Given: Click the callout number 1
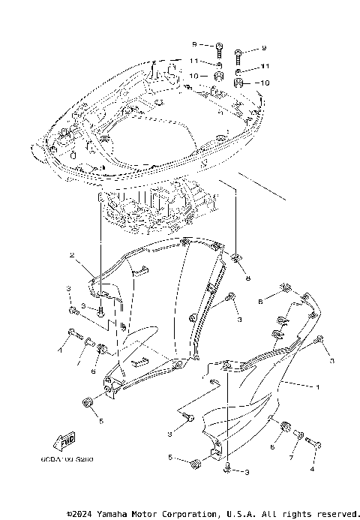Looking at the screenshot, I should pos(316,387).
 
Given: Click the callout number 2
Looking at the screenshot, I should pos(72,256).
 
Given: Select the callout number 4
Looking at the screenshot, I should pos(311,470).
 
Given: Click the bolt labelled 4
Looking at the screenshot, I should pos(316,444).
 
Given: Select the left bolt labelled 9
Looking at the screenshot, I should pos(218,49).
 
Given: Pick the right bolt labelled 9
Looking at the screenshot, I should pos(238,53).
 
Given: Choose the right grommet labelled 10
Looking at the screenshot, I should pos(238,82).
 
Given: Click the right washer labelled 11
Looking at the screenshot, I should pos(238,70).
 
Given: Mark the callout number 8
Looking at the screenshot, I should pos(248,278).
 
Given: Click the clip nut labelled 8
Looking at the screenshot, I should pos(236,260).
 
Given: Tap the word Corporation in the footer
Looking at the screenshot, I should pos(185,514).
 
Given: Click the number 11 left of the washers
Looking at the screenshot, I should pos(193,60).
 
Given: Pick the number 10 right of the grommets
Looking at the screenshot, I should pos(263,83).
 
